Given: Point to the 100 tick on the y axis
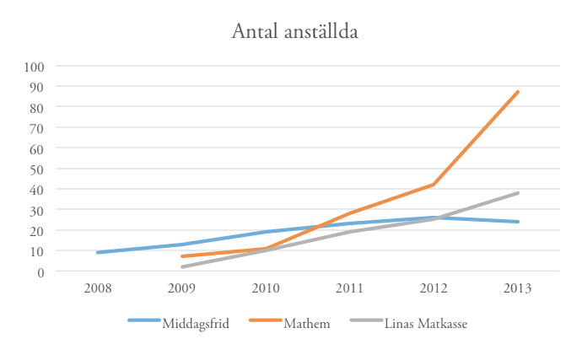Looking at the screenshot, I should click(x=35, y=66).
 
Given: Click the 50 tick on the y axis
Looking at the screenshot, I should click(x=37, y=169).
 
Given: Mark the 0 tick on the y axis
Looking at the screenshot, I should click(x=40, y=271).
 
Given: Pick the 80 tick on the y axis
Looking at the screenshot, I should click(x=37, y=107).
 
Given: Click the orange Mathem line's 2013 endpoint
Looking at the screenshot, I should click(x=517, y=92).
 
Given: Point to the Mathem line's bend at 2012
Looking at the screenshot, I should click(x=434, y=185).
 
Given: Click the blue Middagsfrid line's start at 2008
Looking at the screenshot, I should click(x=99, y=252).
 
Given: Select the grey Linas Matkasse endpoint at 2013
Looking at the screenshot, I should click(x=517, y=193).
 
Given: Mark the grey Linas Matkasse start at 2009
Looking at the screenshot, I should click(x=182, y=266).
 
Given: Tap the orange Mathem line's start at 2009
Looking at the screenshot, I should click(x=182, y=256).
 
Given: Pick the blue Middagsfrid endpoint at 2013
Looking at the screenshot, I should click(x=517, y=222).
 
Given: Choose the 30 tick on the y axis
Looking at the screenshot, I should click(x=37, y=210).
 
